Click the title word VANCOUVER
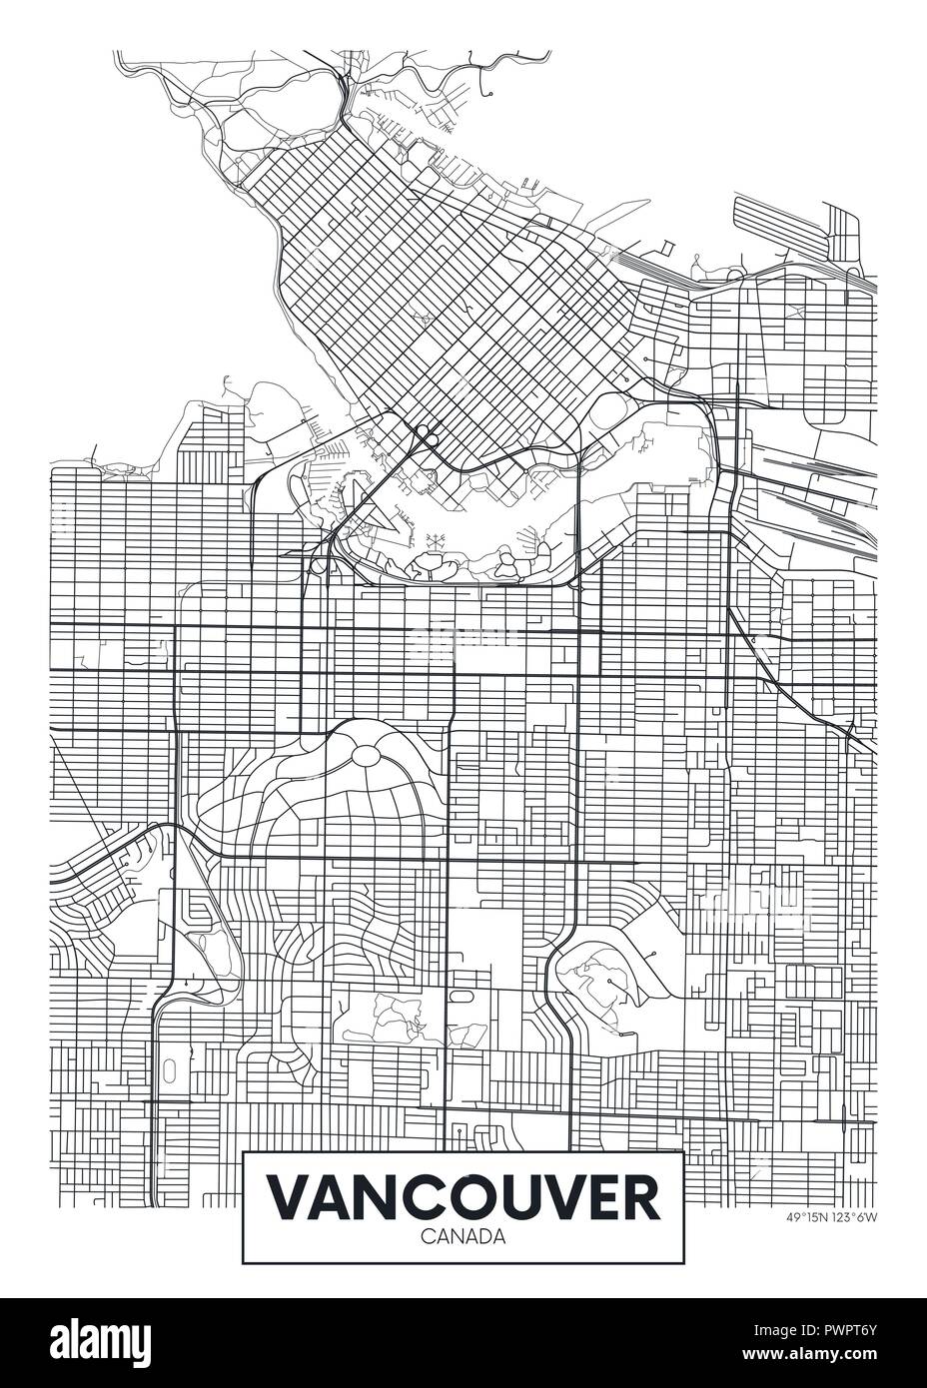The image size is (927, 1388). tap(463, 1198)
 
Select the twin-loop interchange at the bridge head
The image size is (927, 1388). tap(427, 434)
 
